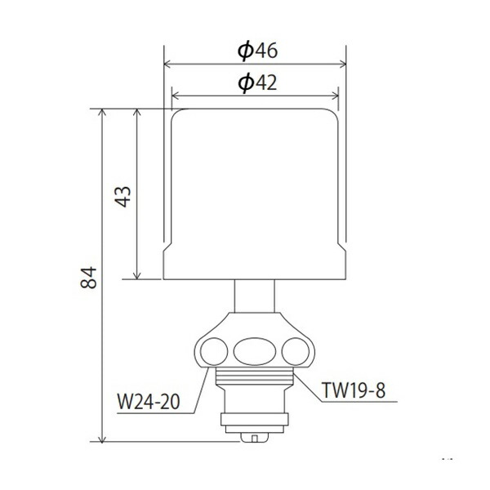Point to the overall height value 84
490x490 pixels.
click(90, 278)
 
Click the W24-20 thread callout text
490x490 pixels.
click(149, 403)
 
